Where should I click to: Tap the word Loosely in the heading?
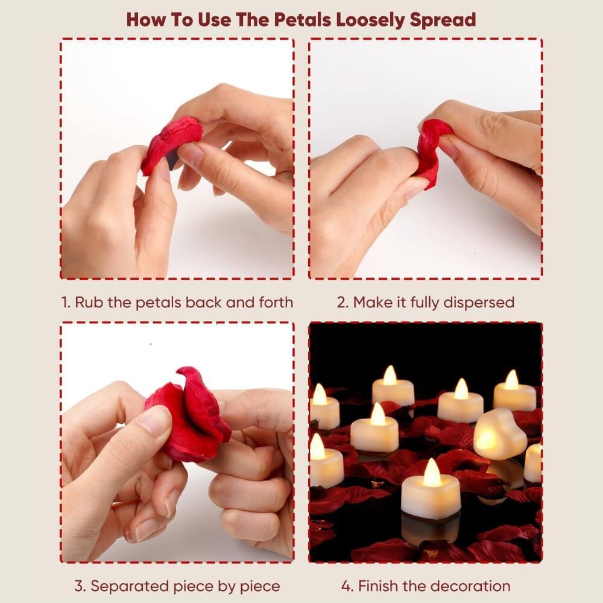pyautogui.click(x=370, y=21)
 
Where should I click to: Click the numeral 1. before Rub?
pyautogui.click(x=66, y=302)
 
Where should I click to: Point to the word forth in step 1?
pyautogui.click(x=276, y=302)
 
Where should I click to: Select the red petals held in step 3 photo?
pyautogui.click(x=188, y=415)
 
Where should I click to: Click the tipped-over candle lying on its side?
pyautogui.click(x=499, y=434)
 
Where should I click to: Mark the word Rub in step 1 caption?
pyautogui.click(x=89, y=302)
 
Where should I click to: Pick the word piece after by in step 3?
pyautogui.click(x=259, y=587)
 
